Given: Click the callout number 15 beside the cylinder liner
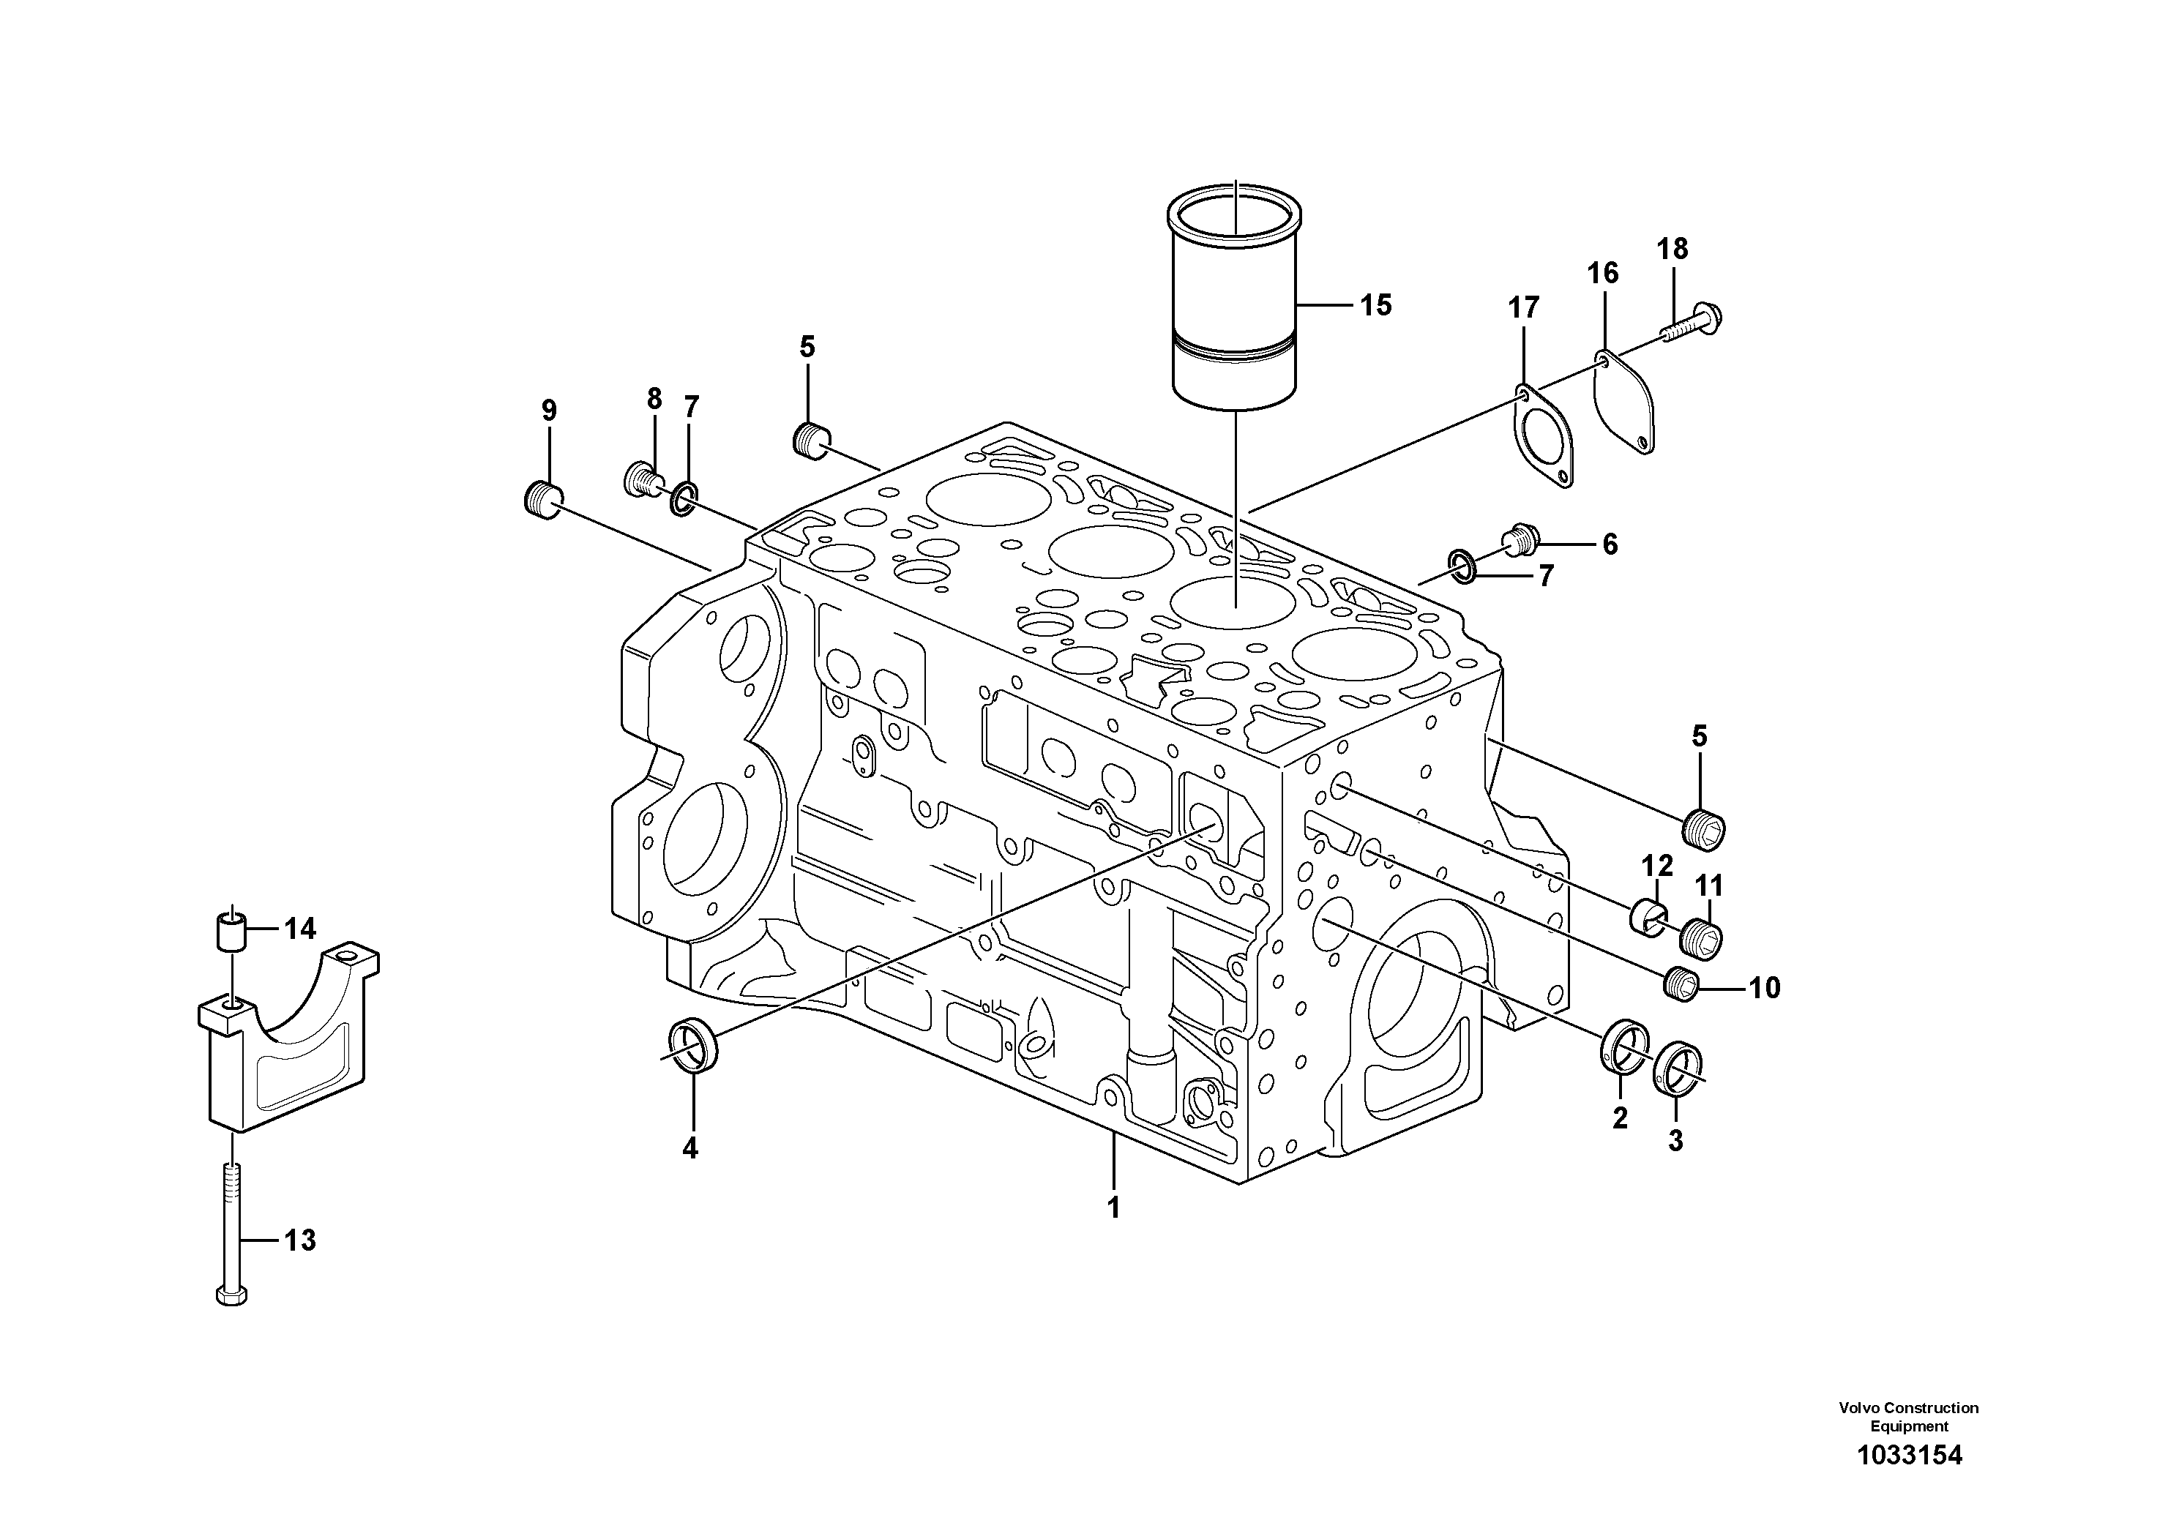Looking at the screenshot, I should click(x=1375, y=305).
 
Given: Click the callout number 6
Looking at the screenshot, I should click(x=1610, y=544).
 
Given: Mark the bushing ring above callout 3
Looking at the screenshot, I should click(x=1677, y=1068).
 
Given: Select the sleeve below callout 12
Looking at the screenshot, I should click(x=1648, y=918).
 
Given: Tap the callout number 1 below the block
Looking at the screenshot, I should click(x=1113, y=1208).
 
